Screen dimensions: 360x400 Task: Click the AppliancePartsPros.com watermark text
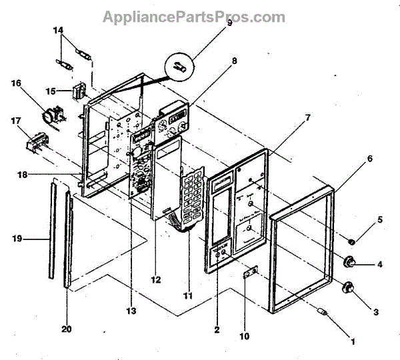193,17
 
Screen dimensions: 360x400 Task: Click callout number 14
59,31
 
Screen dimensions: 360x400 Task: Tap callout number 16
15,83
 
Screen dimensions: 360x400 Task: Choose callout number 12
155,281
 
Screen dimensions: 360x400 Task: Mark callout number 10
244,337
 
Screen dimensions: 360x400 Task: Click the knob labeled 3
347,288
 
